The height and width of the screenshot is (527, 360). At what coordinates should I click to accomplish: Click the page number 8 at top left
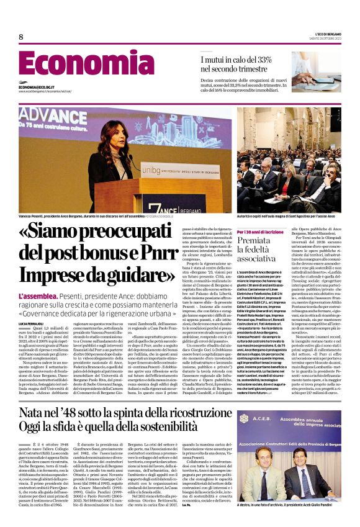20,37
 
